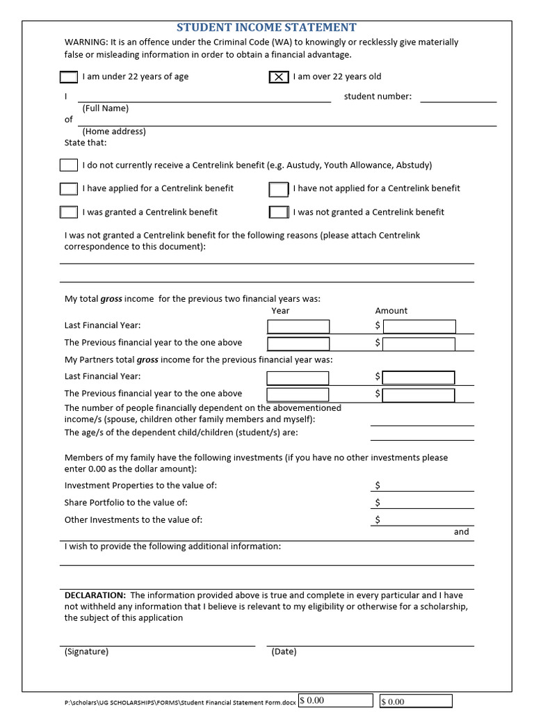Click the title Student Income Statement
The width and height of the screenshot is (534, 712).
[266, 27]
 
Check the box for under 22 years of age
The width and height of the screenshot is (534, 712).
[69, 76]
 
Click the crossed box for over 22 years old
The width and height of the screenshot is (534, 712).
[279, 76]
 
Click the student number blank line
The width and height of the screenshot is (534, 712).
[458, 97]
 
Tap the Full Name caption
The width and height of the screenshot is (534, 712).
[105, 108]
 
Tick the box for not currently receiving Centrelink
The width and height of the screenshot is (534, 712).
[69, 165]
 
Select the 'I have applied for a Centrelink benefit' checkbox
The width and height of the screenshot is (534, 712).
[69, 188]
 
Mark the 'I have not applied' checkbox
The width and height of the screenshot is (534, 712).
[279, 188]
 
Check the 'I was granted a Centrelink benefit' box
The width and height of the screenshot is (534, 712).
[69, 212]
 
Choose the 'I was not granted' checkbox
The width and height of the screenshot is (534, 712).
[279, 212]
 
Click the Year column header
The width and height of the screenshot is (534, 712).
[280, 311]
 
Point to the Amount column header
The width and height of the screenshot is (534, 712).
[391, 311]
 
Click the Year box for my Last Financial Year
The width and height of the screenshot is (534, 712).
[298, 326]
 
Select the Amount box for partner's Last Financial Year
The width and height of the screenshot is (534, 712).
[419, 378]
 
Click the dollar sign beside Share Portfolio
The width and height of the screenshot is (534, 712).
[378, 503]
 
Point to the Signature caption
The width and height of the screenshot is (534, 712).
[86, 652]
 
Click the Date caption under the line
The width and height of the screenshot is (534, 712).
[284, 652]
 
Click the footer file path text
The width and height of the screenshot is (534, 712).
[180, 702]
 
